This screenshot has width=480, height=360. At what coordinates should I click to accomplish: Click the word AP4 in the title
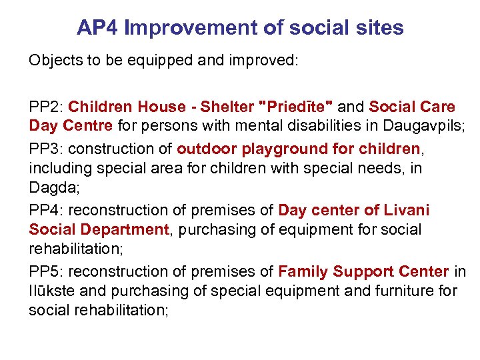[97, 28]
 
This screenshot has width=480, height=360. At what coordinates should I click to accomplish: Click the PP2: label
[46, 107]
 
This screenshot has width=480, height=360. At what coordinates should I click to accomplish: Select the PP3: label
[46, 148]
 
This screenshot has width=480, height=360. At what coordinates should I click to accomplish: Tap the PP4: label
[46, 211]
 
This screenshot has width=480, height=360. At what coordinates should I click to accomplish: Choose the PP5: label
[46, 272]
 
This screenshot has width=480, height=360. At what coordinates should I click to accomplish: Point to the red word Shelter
[227, 107]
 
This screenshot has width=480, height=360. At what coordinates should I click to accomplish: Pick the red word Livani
[407, 211]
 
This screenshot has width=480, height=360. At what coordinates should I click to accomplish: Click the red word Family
[303, 272]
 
